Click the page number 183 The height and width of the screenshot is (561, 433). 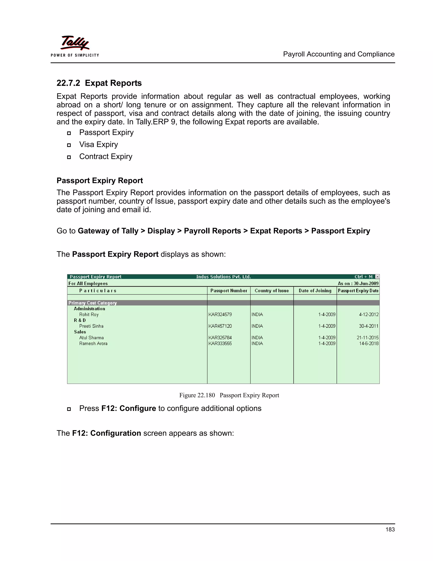click(x=390, y=529)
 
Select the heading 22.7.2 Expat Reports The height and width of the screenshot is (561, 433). click(x=99, y=83)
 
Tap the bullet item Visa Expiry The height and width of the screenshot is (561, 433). click(x=99, y=144)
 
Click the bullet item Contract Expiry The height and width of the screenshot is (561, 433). click(x=106, y=156)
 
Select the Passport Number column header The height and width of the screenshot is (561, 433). click(x=229, y=290)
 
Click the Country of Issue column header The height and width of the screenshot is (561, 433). click(x=272, y=290)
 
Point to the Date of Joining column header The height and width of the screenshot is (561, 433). click(x=315, y=290)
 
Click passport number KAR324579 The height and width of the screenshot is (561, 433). click(x=220, y=314)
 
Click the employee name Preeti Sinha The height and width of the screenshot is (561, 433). click(x=91, y=326)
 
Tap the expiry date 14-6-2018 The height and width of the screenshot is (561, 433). click(x=369, y=343)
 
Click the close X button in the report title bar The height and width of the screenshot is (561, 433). click(x=377, y=277)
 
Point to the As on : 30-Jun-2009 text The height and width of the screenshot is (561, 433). click(x=358, y=283)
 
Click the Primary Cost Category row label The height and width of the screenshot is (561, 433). click(x=93, y=303)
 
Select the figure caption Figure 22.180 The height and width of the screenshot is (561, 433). click(x=197, y=395)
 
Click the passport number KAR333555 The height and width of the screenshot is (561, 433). click(x=220, y=343)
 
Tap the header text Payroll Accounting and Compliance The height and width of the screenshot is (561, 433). click(x=339, y=54)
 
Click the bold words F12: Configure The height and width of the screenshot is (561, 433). click(x=129, y=408)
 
